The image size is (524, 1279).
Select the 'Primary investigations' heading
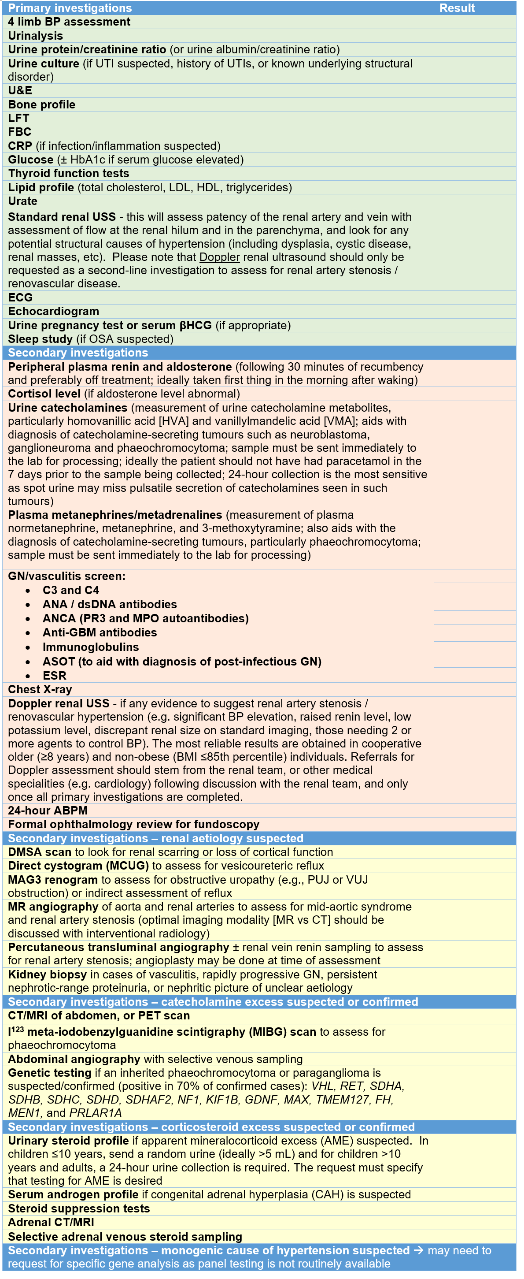(70, 8)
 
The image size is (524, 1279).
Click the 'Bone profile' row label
(42, 105)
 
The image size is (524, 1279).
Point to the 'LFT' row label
(19, 118)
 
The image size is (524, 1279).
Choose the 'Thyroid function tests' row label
(69, 173)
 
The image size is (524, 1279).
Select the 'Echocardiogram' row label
(54, 311)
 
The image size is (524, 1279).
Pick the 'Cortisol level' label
(44, 394)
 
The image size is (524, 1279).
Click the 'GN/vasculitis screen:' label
(66, 576)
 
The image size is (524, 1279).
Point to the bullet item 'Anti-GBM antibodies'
(100, 633)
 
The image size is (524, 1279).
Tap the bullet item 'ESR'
(55, 676)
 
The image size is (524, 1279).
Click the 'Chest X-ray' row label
(40, 690)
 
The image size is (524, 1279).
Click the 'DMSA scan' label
(40, 852)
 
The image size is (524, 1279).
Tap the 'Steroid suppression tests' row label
(79, 1209)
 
